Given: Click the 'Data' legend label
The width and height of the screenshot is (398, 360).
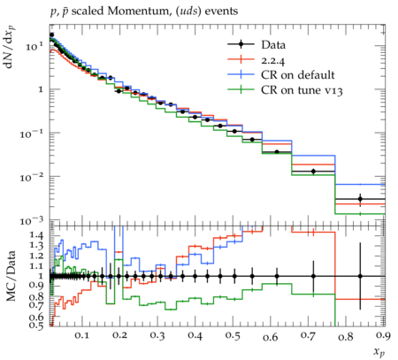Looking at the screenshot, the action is click(x=273, y=45).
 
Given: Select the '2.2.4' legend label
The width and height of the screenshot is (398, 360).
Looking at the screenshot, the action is click(x=273, y=60).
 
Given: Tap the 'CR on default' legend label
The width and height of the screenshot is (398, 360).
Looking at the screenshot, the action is click(x=298, y=75).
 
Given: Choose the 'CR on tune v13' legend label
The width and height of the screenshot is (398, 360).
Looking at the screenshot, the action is click(x=302, y=90).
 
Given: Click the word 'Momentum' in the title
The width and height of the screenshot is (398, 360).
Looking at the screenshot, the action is click(x=138, y=11).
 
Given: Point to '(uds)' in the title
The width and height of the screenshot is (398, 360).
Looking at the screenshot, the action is click(x=187, y=11).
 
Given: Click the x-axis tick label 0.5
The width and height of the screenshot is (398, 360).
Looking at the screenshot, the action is click(x=233, y=335).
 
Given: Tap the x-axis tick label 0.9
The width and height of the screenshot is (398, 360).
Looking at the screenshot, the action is click(x=383, y=335).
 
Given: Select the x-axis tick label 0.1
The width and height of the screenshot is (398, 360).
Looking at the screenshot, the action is click(x=81, y=335).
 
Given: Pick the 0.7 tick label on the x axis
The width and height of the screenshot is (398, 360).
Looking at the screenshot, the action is click(x=308, y=335).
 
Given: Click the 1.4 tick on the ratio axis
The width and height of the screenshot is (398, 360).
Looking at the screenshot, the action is click(x=36, y=235).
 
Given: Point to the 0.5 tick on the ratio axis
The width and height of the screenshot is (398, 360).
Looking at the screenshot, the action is click(x=36, y=325).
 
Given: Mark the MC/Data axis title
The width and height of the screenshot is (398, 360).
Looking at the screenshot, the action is click(x=11, y=276).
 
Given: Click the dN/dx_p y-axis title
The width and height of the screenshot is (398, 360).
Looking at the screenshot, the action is click(x=11, y=47).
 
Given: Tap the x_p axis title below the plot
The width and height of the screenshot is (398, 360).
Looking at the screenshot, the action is click(x=379, y=351).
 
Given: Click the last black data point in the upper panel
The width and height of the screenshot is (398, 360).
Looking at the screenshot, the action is click(x=360, y=199).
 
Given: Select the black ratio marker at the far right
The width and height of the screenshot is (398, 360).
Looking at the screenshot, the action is click(x=360, y=276).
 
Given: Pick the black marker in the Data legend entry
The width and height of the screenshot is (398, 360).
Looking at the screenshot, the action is click(x=241, y=44).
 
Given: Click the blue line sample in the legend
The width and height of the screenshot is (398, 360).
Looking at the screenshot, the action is click(x=241, y=74).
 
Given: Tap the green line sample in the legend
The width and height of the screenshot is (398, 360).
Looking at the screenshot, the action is click(x=241, y=89).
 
